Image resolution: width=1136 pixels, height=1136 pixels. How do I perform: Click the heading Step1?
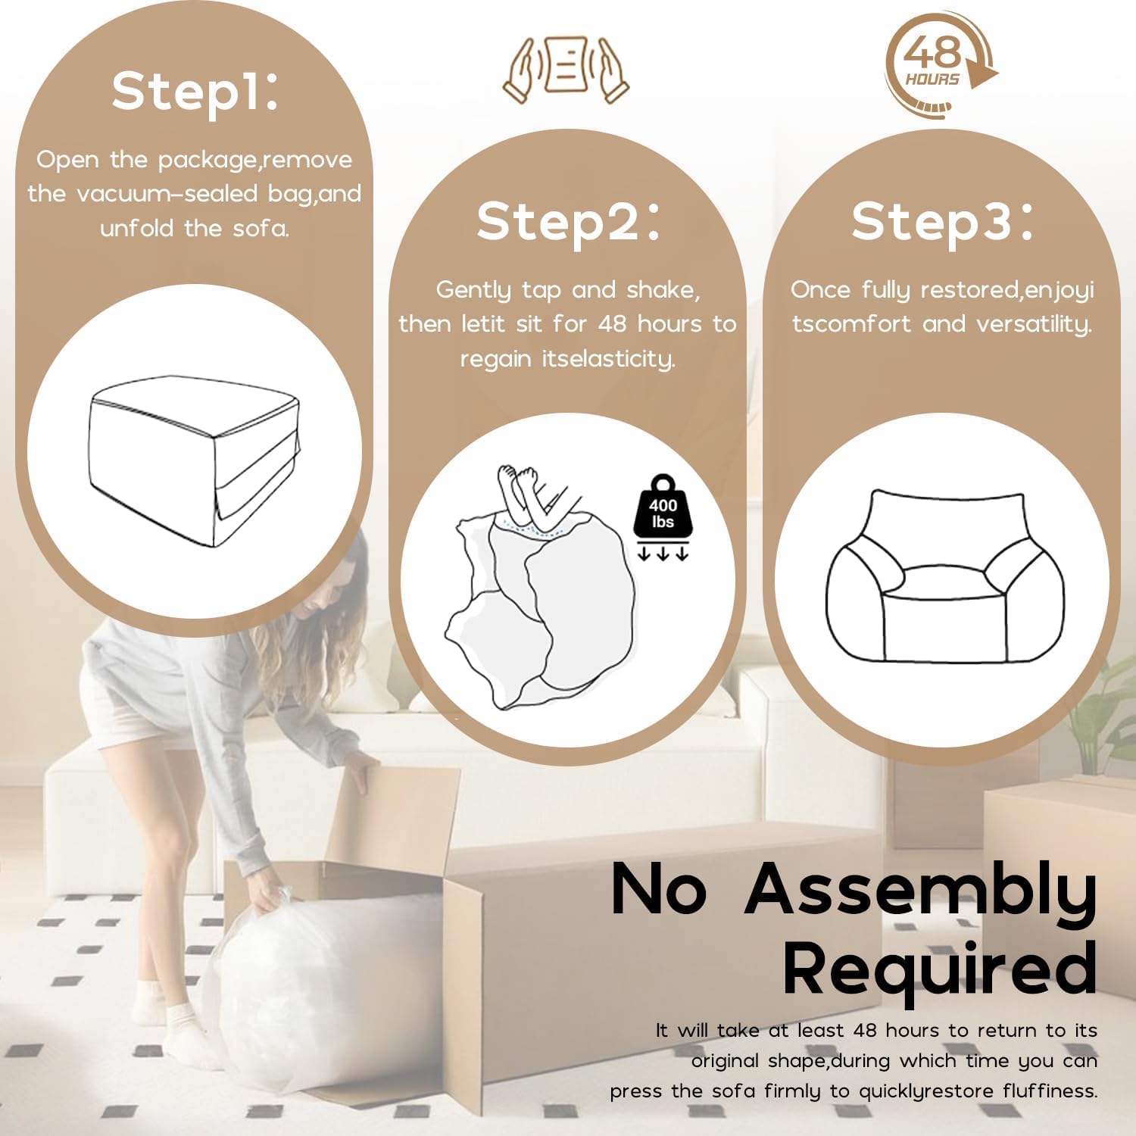(195, 92)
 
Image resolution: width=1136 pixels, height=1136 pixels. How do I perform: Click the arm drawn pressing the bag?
(520, 493)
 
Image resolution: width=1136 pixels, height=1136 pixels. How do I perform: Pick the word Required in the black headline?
(940, 969)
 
